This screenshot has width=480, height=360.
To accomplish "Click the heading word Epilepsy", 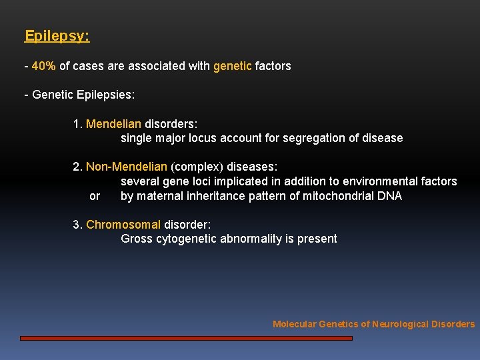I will pyautogui.click(x=57, y=36).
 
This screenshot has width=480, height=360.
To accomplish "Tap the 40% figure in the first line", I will pyautogui.click(x=43, y=66).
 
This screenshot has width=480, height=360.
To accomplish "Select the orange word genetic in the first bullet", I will pyautogui.click(x=233, y=66).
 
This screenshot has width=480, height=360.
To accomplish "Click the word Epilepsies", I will pyautogui.click(x=106, y=95).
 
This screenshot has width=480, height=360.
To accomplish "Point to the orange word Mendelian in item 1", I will pyautogui.click(x=114, y=124).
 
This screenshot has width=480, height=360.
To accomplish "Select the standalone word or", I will pyautogui.click(x=95, y=196).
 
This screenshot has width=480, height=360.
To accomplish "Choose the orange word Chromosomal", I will pyautogui.click(x=123, y=225).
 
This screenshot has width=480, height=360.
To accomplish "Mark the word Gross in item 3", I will pyautogui.click(x=136, y=239).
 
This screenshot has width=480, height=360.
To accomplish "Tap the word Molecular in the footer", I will pyautogui.click(x=294, y=324).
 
